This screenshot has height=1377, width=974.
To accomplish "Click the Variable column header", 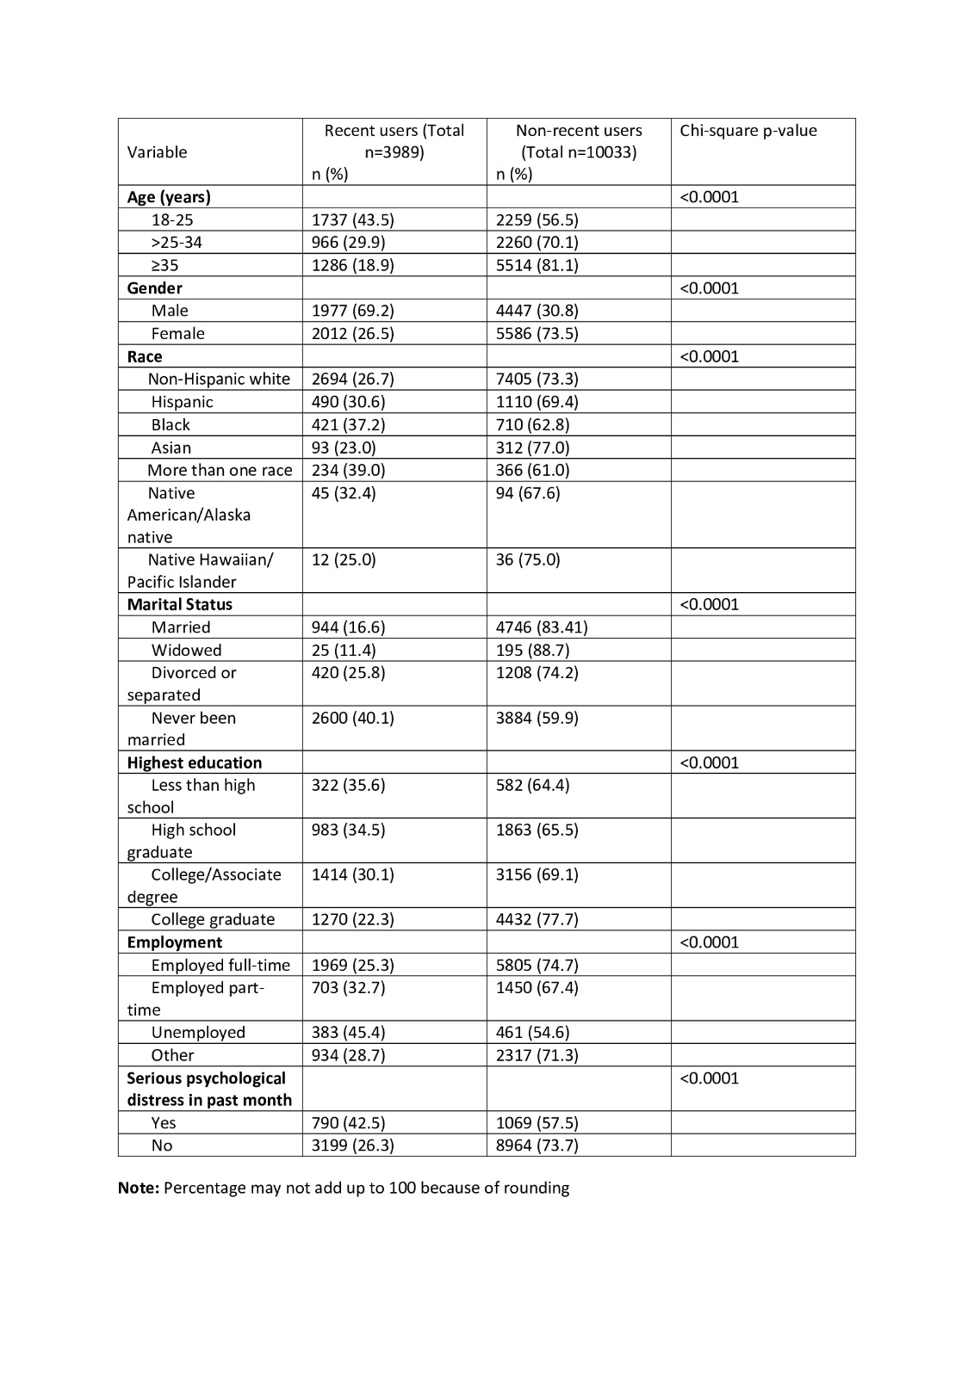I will point(157,152).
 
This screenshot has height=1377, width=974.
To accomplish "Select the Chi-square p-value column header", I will point(748,131).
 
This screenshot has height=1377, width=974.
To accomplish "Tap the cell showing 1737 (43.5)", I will point(352,219).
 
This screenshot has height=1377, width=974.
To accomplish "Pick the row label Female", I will point(177,334).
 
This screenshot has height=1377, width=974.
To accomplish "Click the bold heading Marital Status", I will point(179,604).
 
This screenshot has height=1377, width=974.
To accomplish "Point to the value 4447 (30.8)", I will point(537,311).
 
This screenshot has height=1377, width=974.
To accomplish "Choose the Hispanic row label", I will point(182,402).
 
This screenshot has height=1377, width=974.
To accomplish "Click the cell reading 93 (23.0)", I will point(344,448).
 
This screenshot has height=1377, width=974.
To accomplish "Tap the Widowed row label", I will point(186,650).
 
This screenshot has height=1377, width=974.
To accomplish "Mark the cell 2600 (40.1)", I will point(352,718).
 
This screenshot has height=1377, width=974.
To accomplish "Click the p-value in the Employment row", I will point(709,942).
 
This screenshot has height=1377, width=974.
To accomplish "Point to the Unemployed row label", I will point(198,1033).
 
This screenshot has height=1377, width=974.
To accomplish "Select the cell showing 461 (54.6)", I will point(532,1033).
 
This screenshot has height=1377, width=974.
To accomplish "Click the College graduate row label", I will point(213,919).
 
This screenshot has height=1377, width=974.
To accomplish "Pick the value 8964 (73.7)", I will point(537,1145).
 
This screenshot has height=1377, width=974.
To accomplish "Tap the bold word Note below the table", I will point(138,1189).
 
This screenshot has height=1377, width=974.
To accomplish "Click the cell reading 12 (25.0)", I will point(344,560).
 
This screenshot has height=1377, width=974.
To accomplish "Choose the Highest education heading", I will point(194,763).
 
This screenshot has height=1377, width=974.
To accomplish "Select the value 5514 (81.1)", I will point(537,265).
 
